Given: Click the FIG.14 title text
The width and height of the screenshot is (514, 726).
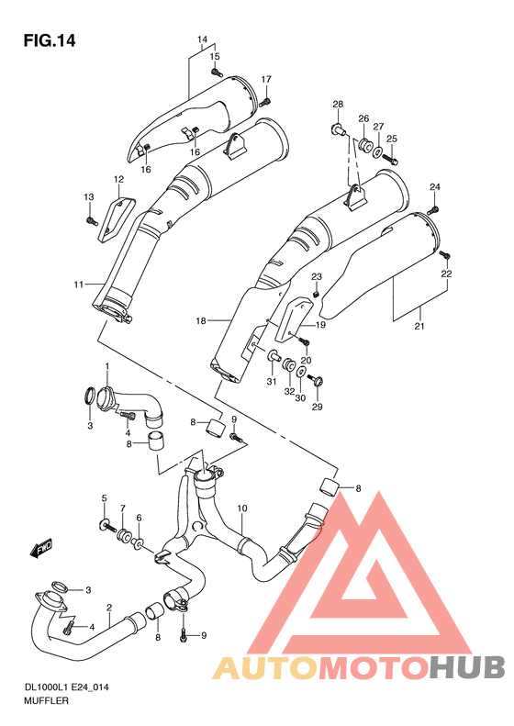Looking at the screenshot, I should coord(49,40).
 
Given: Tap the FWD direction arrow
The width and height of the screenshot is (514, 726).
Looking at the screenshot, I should coord(40,550).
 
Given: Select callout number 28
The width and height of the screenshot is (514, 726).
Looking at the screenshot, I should coord(338,104).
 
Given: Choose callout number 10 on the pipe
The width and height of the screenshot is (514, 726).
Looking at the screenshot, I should coord(242,507).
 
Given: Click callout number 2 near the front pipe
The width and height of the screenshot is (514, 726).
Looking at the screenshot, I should coord(108,608).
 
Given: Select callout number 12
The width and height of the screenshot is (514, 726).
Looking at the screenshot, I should coord(118,179).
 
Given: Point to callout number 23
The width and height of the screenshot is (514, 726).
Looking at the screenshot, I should coord(316,277).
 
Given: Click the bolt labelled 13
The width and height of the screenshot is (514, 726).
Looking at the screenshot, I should coord(91,219).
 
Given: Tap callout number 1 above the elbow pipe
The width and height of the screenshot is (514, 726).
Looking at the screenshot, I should coord(106,366).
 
